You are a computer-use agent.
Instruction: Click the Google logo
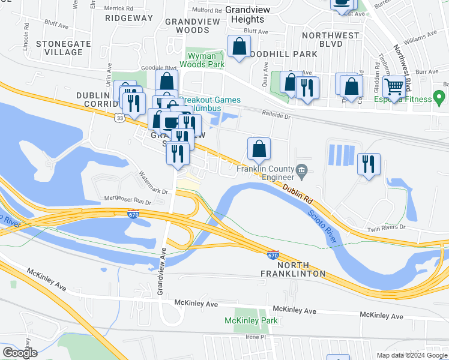tap(19, 353)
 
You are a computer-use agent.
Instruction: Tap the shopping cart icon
tap(394, 88)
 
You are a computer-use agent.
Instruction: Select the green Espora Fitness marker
tap(439, 97)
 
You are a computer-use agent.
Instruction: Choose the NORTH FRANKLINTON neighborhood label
tap(293, 269)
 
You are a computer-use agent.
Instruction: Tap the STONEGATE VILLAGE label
tap(59, 48)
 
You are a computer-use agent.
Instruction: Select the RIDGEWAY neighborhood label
tap(128, 18)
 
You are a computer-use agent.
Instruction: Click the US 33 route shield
tap(121, 118)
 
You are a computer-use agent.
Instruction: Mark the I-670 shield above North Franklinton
tap(273, 255)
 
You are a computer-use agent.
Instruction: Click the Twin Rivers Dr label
tap(387, 228)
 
